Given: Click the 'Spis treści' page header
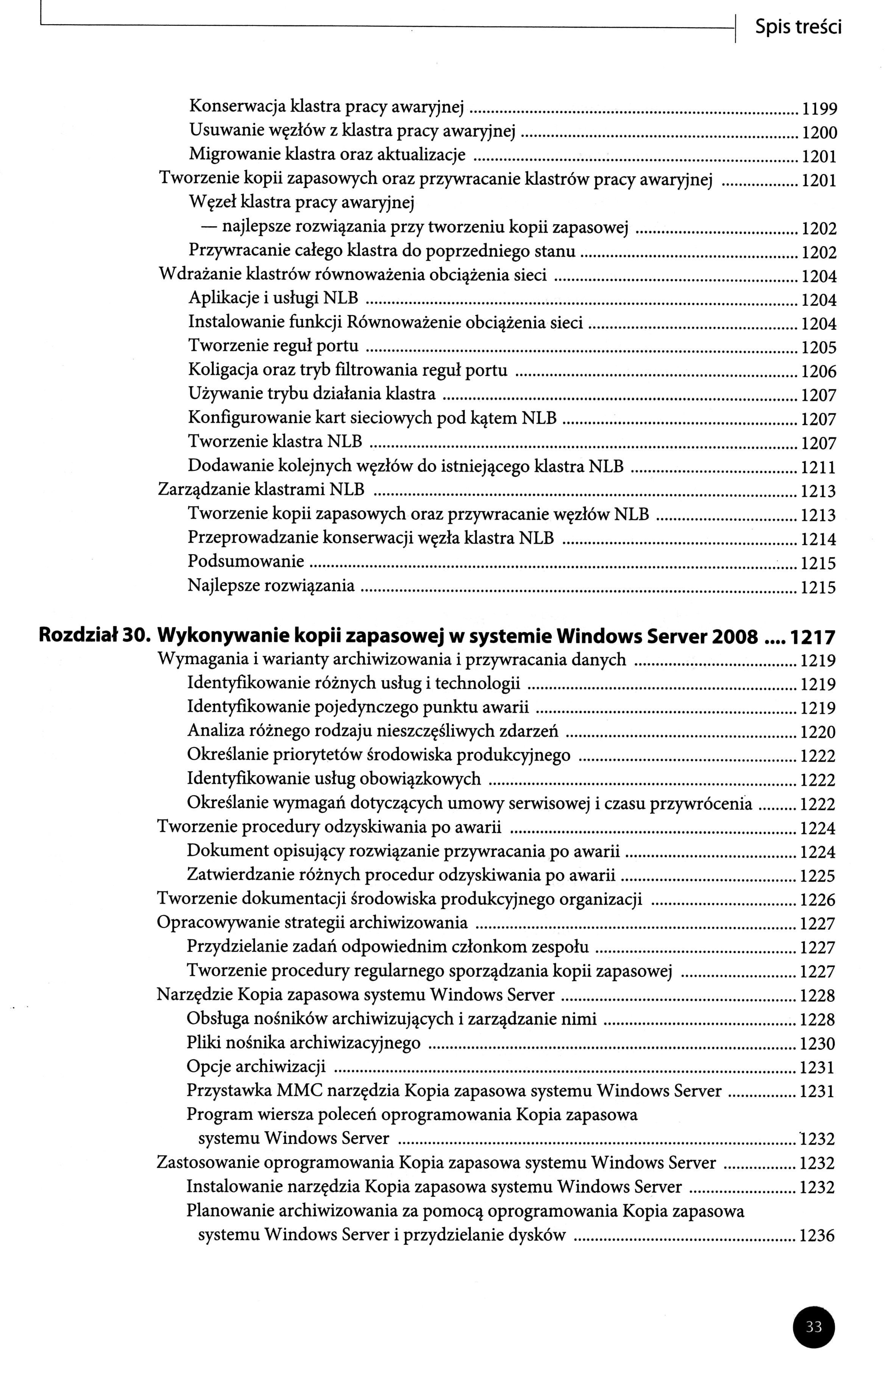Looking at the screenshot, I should (797, 27).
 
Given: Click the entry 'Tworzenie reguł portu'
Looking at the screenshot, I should (273, 346).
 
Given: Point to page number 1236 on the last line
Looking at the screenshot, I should (817, 1236).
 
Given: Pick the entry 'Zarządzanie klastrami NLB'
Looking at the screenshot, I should (261, 490).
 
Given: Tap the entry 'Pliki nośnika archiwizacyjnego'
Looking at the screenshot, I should (304, 1043).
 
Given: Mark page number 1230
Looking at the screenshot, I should (817, 1044).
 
